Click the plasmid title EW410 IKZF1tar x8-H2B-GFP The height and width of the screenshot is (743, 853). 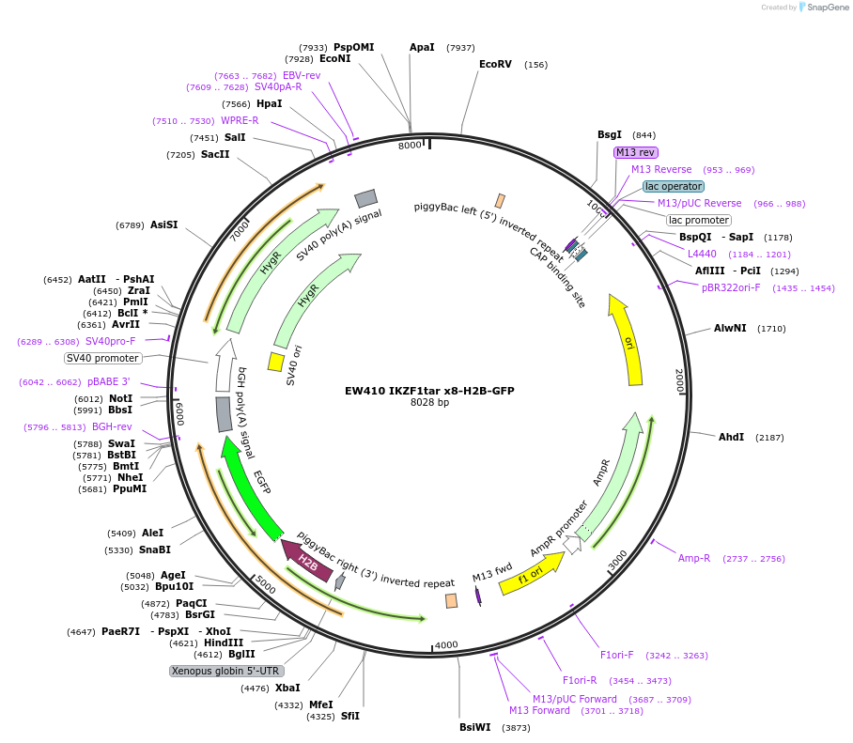pyautogui.click(x=430, y=391)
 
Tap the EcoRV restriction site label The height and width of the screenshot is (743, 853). pyautogui.click(x=495, y=65)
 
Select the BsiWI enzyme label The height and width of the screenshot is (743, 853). pyautogui.click(x=474, y=727)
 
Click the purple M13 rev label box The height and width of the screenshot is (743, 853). pyautogui.click(x=636, y=152)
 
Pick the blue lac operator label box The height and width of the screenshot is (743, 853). pyautogui.click(x=674, y=186)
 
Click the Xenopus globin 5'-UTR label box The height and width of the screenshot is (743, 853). pyautogui.click(x=225, y=671)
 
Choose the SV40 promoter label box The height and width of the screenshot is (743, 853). pyautogui.click(x=103, y=358)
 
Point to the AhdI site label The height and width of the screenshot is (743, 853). pyautogui.click(x=731, y=438)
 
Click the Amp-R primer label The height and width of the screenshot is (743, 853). pyautogui.click(x=694, y=558)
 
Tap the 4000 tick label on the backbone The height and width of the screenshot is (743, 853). pyautogui.click(x=446, y=644)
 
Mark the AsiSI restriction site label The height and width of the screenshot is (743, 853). pyautogui.click(x=163, y=224)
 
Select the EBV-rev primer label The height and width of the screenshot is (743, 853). pyautogui.click(x=302, y=75)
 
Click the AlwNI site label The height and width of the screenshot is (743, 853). pyautogui.click(x=730, y=329)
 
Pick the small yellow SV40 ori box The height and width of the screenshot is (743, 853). pyautogui.click(x=276, y=362)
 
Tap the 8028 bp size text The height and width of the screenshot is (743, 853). pyautogui.click(x=430, y=403)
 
